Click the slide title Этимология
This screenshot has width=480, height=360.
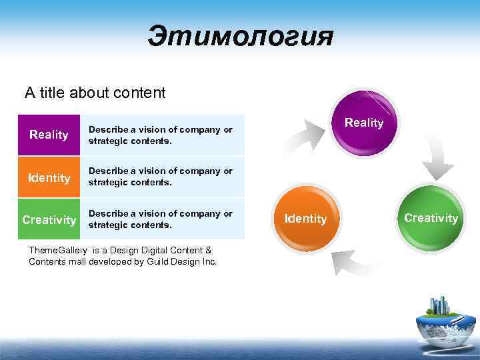[240, 37]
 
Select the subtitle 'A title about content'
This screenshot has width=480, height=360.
[95, 93]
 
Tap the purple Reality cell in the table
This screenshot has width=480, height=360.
[49, 135]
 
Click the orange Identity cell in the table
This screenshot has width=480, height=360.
[49, 178]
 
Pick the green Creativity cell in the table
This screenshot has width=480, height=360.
[49, 220]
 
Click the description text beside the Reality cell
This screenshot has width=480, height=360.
[160, 135]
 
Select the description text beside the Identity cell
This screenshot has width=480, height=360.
[160, 177]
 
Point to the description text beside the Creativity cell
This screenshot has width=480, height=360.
[160, 219]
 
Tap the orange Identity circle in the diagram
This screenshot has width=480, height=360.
[305, 218]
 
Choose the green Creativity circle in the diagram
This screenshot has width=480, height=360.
[431, 218]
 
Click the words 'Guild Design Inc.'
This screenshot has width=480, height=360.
[181, 262]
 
